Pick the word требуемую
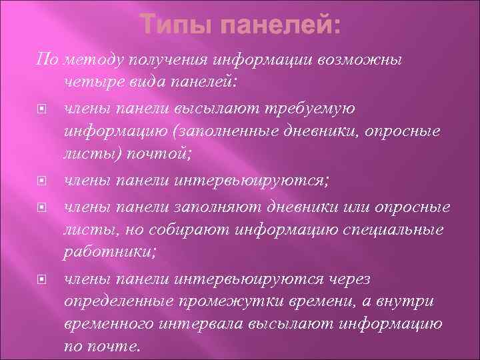(x=310, y=108)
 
